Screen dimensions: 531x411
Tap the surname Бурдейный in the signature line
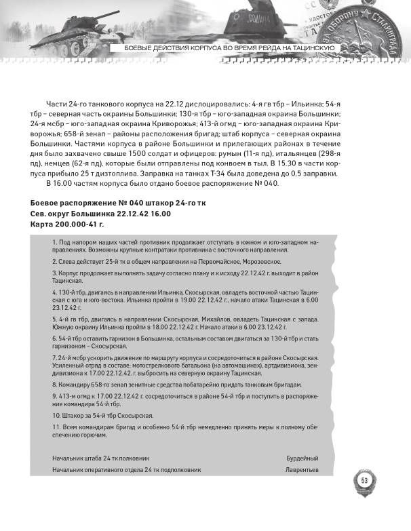[302, 458]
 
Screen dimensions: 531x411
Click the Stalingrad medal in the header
[376, 24]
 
